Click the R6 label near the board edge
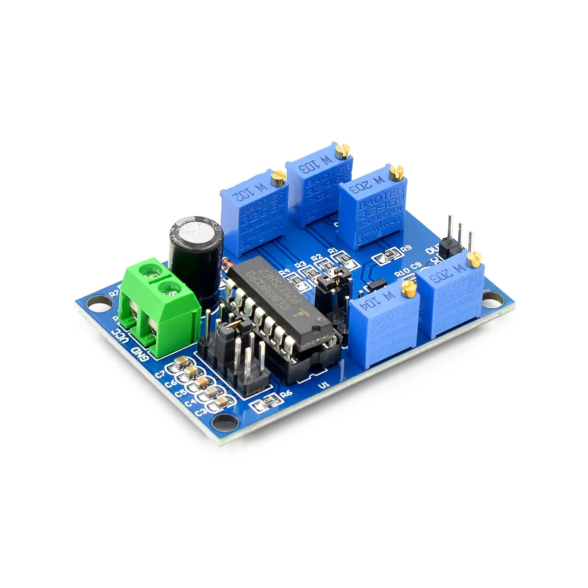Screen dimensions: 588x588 286,393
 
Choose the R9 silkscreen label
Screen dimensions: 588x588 406,249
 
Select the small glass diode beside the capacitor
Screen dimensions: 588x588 226,262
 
